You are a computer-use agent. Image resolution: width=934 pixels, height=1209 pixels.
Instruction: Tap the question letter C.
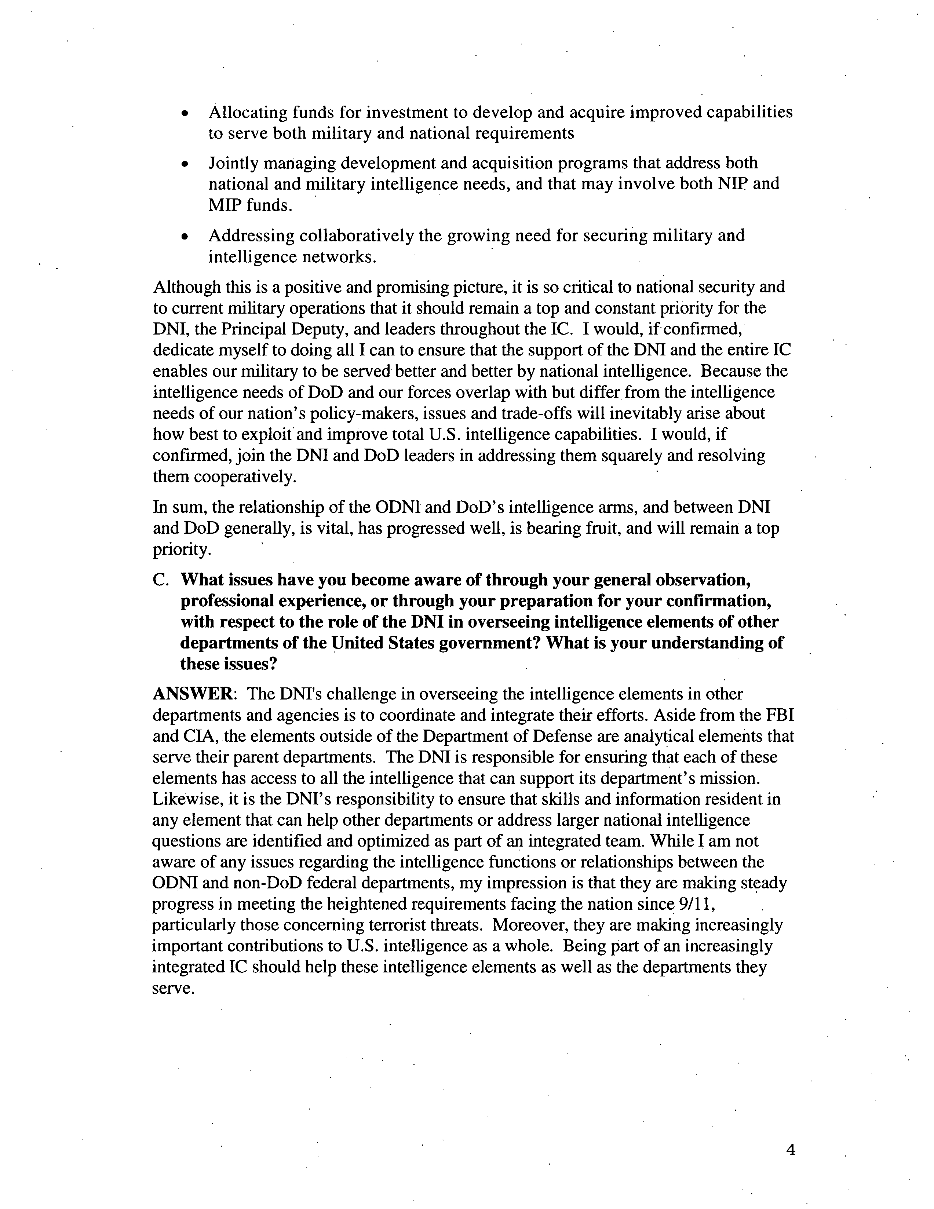point(160,580)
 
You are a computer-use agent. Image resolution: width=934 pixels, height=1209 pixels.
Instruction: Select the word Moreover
point(529,925)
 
